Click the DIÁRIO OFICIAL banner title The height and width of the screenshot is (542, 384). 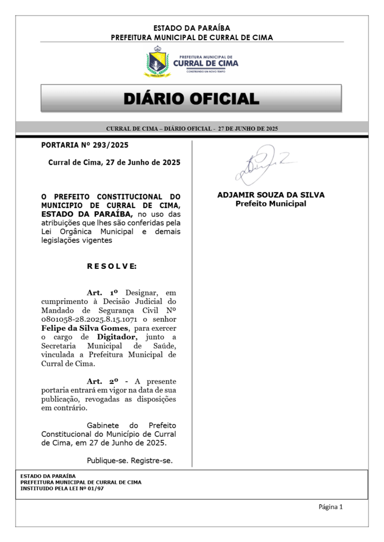[191, 98]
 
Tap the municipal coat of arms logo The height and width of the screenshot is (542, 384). [157, 62]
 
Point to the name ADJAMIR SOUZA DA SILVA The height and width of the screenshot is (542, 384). [271, 195]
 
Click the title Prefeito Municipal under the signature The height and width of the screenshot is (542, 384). [271, 203]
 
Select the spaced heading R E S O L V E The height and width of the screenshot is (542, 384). [111, 266]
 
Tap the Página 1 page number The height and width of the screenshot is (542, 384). [331, 507]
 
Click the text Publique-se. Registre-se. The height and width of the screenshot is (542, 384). [130, 460]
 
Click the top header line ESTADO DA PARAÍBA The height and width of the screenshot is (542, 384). [192, 28]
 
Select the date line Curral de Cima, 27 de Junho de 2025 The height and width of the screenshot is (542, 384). [114, 162]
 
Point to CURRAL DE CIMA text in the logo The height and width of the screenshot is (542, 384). [206, 64]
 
